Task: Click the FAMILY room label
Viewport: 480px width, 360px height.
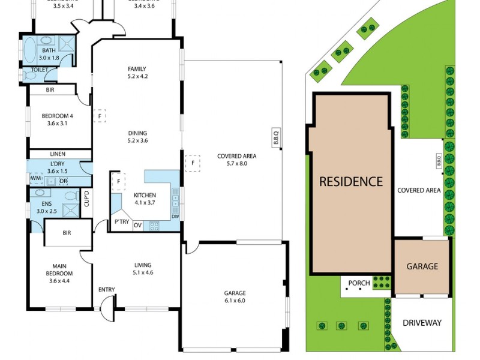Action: (137, 69)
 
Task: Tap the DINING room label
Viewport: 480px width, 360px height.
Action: (137, 133)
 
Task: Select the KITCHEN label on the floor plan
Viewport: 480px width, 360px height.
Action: (144, 195)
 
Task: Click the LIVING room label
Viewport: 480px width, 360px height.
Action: (143, 265)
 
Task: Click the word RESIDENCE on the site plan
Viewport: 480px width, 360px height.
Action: (351, 181)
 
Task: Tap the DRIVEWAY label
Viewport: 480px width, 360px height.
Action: (422, 323)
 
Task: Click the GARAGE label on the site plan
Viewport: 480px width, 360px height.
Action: (422, 266)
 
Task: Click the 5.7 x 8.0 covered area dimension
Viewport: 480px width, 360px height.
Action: (236, 163)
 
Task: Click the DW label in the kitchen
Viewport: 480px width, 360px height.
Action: (175, 217)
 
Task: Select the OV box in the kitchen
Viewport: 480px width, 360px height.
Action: (137, 226)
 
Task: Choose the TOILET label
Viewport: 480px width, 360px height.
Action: (31, 70)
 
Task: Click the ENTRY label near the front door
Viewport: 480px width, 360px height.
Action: (106, 290)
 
